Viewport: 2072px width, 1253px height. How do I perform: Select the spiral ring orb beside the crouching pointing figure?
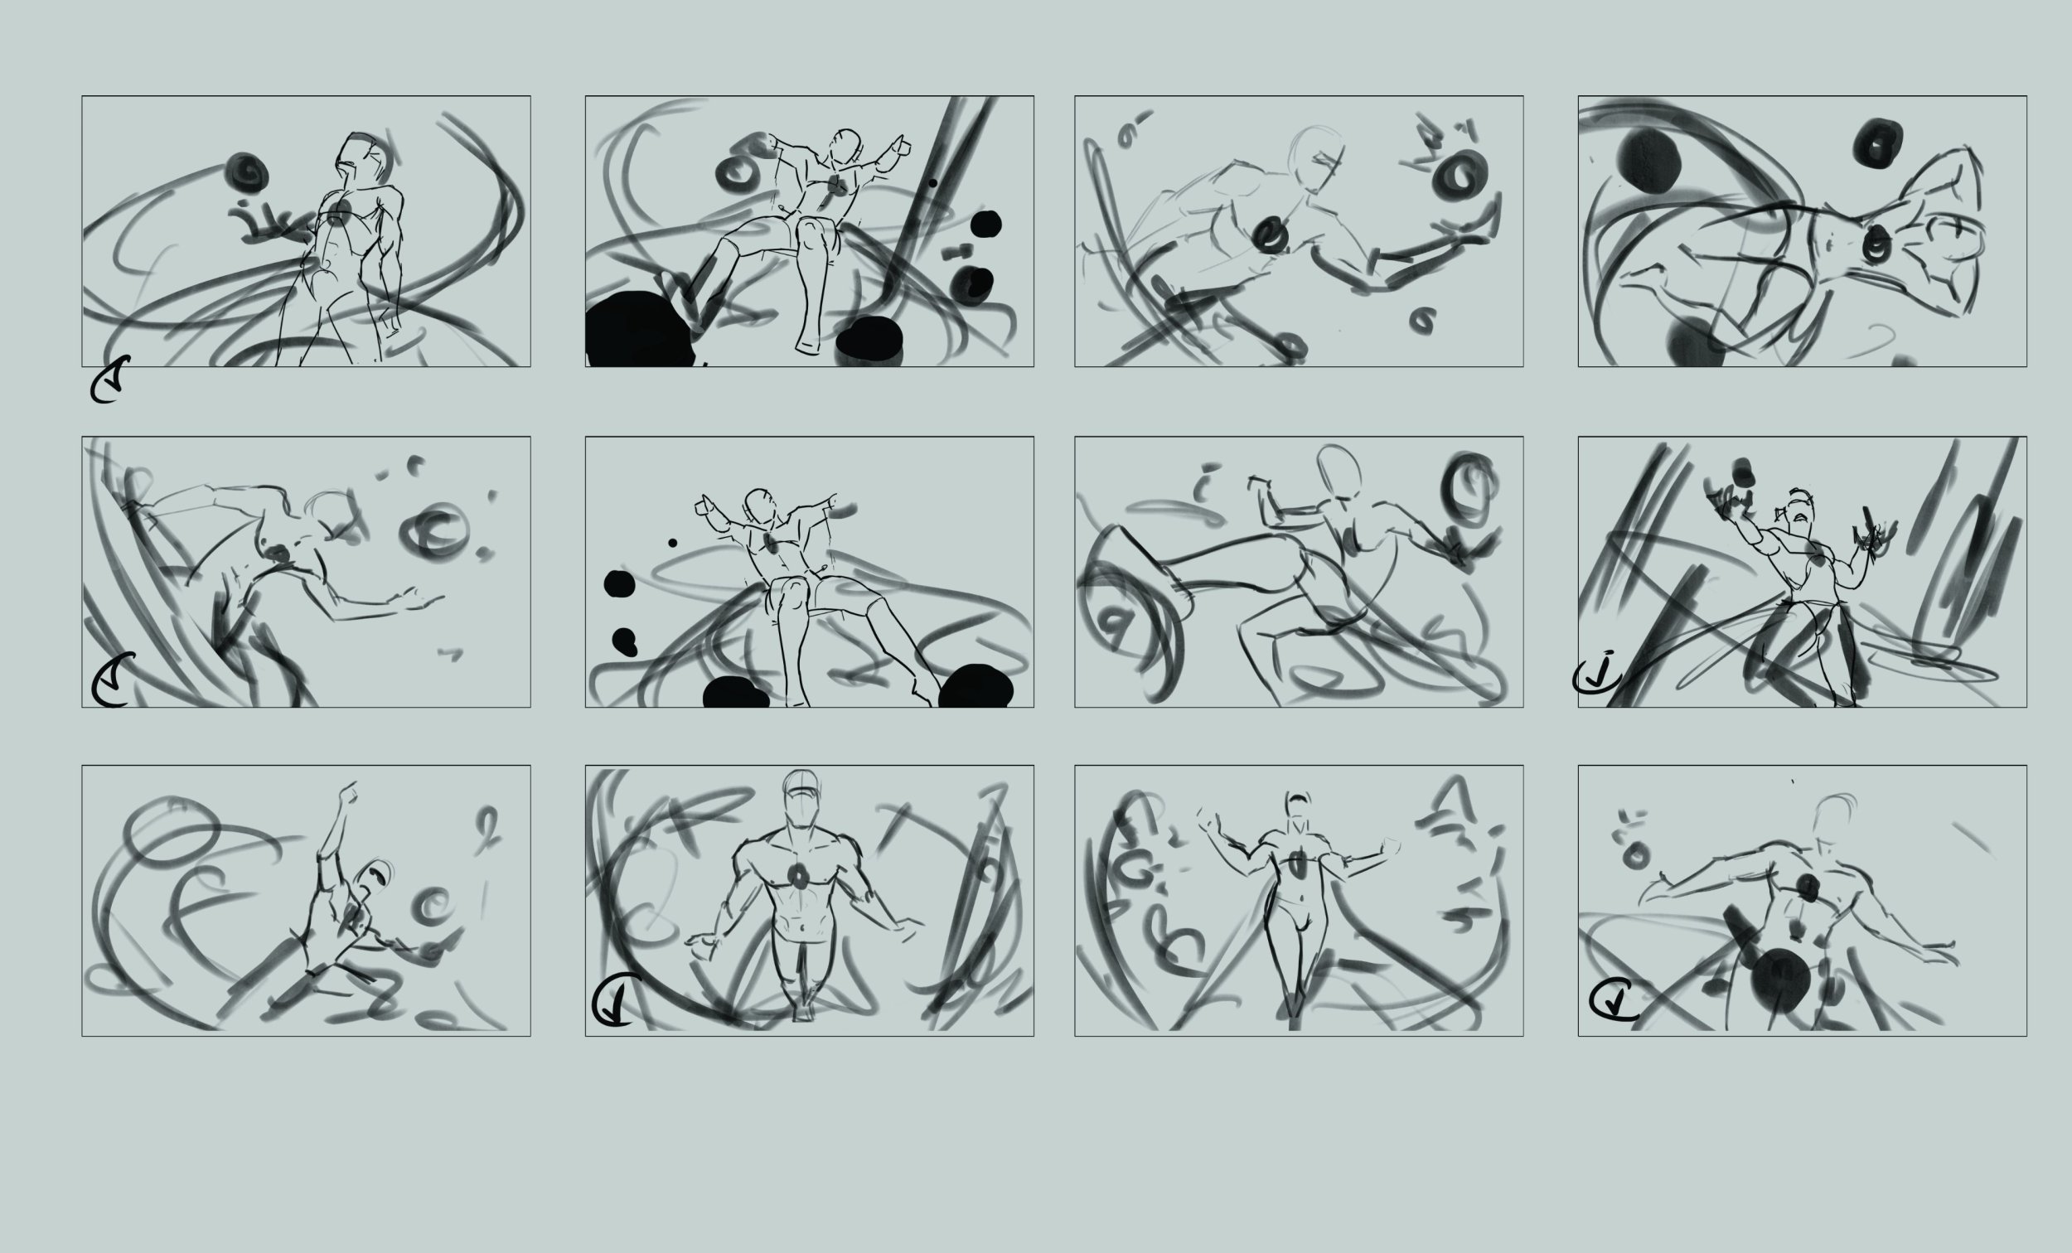click(x=435, y=905)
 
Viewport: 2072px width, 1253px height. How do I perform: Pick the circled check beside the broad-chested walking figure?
click(x=617, y=1001)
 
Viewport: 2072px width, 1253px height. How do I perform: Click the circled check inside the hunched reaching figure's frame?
click(x=112, y=682)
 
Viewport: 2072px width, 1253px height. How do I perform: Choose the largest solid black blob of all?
click(x=635, y=331)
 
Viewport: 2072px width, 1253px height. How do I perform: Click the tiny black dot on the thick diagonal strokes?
click(x=932, y=182)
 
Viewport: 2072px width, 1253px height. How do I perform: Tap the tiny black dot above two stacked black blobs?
click(x=673, y=544)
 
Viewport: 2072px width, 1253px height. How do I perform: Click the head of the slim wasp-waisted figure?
click(x=1299, y=805)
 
